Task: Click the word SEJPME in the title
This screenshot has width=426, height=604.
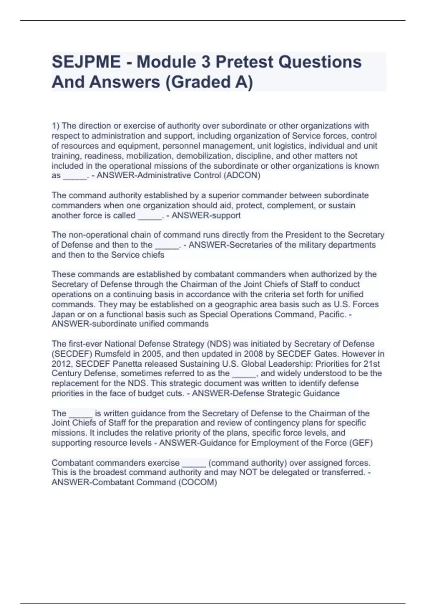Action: point(86,62)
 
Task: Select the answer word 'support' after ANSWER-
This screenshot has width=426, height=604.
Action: point(226,215)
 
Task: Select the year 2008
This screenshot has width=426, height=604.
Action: point(253,354)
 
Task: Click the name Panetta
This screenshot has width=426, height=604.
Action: point(127,364)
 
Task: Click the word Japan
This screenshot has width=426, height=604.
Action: point(63,314)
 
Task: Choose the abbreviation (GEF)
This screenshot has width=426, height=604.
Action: point(361,443)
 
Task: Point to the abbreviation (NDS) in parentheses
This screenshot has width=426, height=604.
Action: point(219,344)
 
